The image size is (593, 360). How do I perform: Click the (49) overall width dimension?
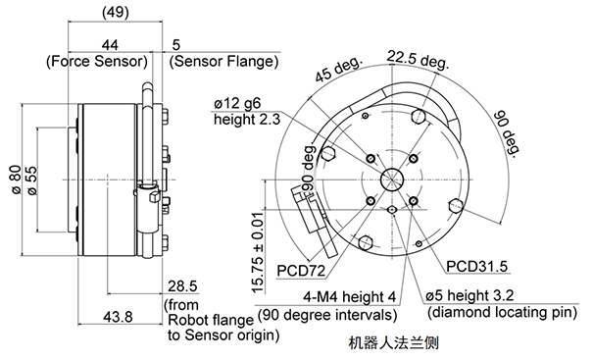(116, 12)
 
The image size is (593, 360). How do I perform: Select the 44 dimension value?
(110, 45)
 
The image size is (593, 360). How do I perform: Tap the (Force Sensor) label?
(97, 61)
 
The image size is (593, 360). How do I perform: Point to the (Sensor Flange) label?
(223, 61)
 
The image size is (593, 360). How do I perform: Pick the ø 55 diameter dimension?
(32, 180)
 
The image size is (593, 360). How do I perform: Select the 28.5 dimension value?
(182, 286)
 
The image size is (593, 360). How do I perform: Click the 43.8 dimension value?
(118, 317)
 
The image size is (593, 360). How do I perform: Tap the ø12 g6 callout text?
(237, 103)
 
